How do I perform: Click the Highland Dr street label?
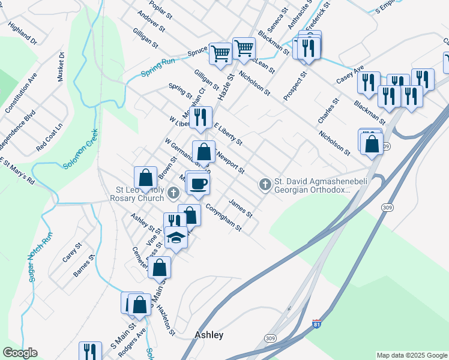point(23,34)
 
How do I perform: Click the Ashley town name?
point(209,335)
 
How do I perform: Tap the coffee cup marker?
point(199,183)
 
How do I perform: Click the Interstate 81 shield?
point(317,324)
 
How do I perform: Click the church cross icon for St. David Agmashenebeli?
point(265,185)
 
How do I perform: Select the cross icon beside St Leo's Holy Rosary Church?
point(173,193)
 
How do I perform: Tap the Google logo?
point(20,353)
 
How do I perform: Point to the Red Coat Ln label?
point(49,137)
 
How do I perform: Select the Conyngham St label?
point(223,218)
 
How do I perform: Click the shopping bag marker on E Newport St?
point(203,151)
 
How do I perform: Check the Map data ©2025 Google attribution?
point(411,355)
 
